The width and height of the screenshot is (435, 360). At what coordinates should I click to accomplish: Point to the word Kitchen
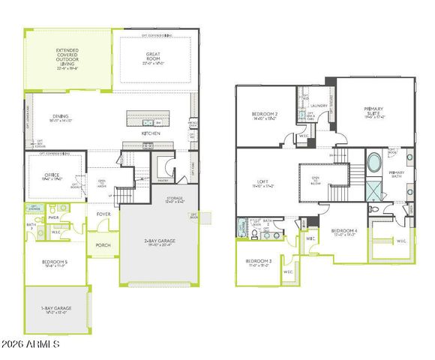click(x=152, y=133)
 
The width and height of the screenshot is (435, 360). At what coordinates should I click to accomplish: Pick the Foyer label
click(x=103, y=214)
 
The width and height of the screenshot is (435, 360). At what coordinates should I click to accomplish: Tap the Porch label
click(x=103, y=244)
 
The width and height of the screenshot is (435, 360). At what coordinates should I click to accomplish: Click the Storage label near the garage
click(x=174, y=199)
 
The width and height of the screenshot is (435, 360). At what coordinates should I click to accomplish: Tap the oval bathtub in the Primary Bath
click(x=373, y=163)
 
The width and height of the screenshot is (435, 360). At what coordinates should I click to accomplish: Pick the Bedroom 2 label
click(x=265, y=115)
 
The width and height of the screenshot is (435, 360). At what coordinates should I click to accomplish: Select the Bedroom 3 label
click(x=258, y=262)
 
